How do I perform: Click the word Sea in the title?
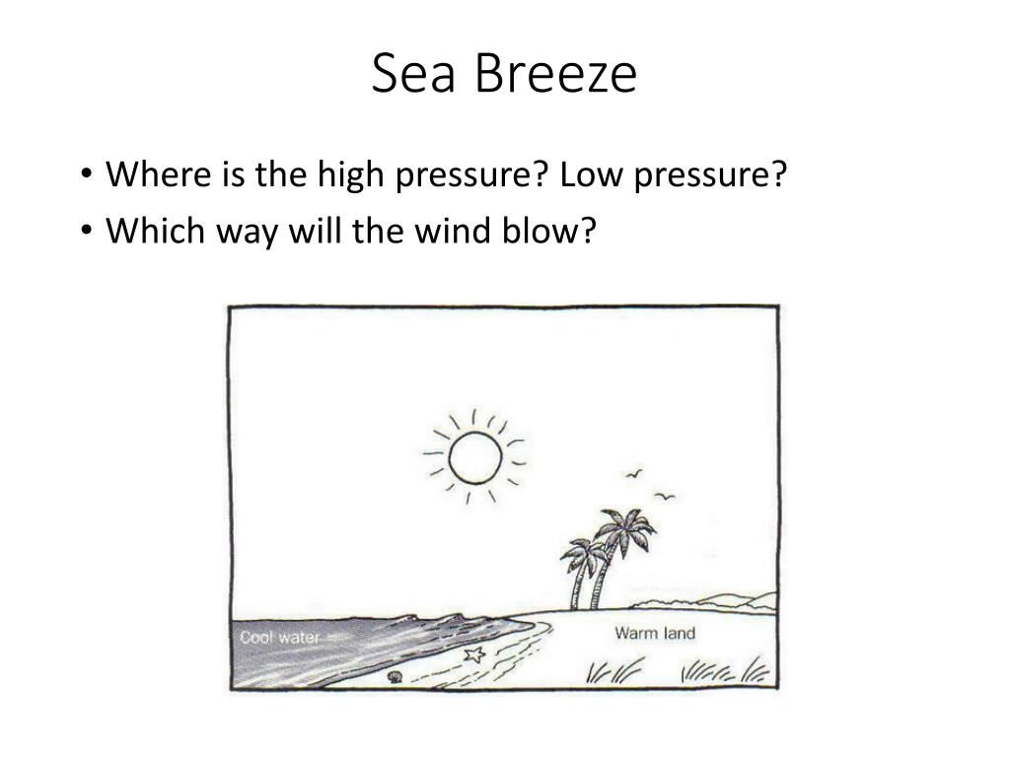[413, 73]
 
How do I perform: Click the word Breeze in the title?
[556, 73]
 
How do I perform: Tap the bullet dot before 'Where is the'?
[87, 174]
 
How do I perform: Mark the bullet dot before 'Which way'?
[87, 231]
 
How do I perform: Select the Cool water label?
[279, 638]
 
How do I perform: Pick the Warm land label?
[655, 634]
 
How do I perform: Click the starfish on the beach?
[474, 655]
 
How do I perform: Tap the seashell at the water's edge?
[395, 676]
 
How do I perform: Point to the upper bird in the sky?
[634, 474]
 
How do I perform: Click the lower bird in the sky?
[665, 497]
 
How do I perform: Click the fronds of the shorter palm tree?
[583, 556]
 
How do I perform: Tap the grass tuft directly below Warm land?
[613, 670]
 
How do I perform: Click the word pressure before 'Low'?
[470, 175]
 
